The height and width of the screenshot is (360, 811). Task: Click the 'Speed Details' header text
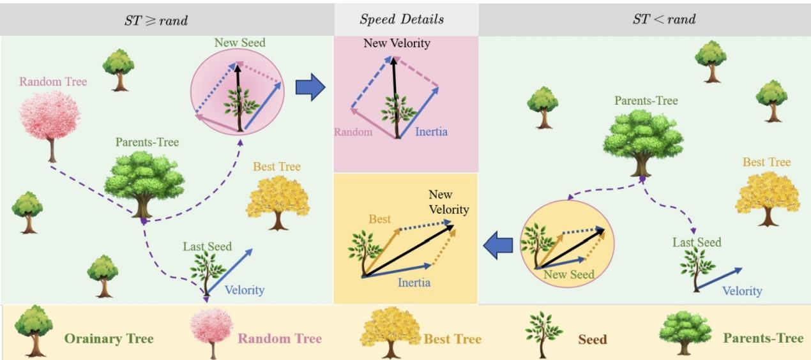click(402, 19)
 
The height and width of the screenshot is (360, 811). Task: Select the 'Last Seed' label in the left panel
click(207, 247)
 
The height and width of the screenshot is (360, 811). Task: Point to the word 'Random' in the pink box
click(353, 133)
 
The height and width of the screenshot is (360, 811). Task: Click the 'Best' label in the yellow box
click(380, 220)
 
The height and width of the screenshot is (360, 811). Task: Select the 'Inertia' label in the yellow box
click(413, 283)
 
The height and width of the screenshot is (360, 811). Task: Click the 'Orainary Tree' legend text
click(109, 338)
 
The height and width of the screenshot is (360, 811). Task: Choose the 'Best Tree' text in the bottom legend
click(453, 338)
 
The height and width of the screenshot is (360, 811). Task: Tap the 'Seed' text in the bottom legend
click(592, 339)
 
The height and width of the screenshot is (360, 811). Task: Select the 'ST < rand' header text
click(664, 19)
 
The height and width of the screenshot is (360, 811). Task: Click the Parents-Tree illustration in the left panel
click(144, 181)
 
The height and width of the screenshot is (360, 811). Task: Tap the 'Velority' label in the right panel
click(742, 291)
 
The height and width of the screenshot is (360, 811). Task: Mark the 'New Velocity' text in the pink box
click(397, 44)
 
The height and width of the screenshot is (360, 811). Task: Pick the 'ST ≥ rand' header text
click(156, 20)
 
